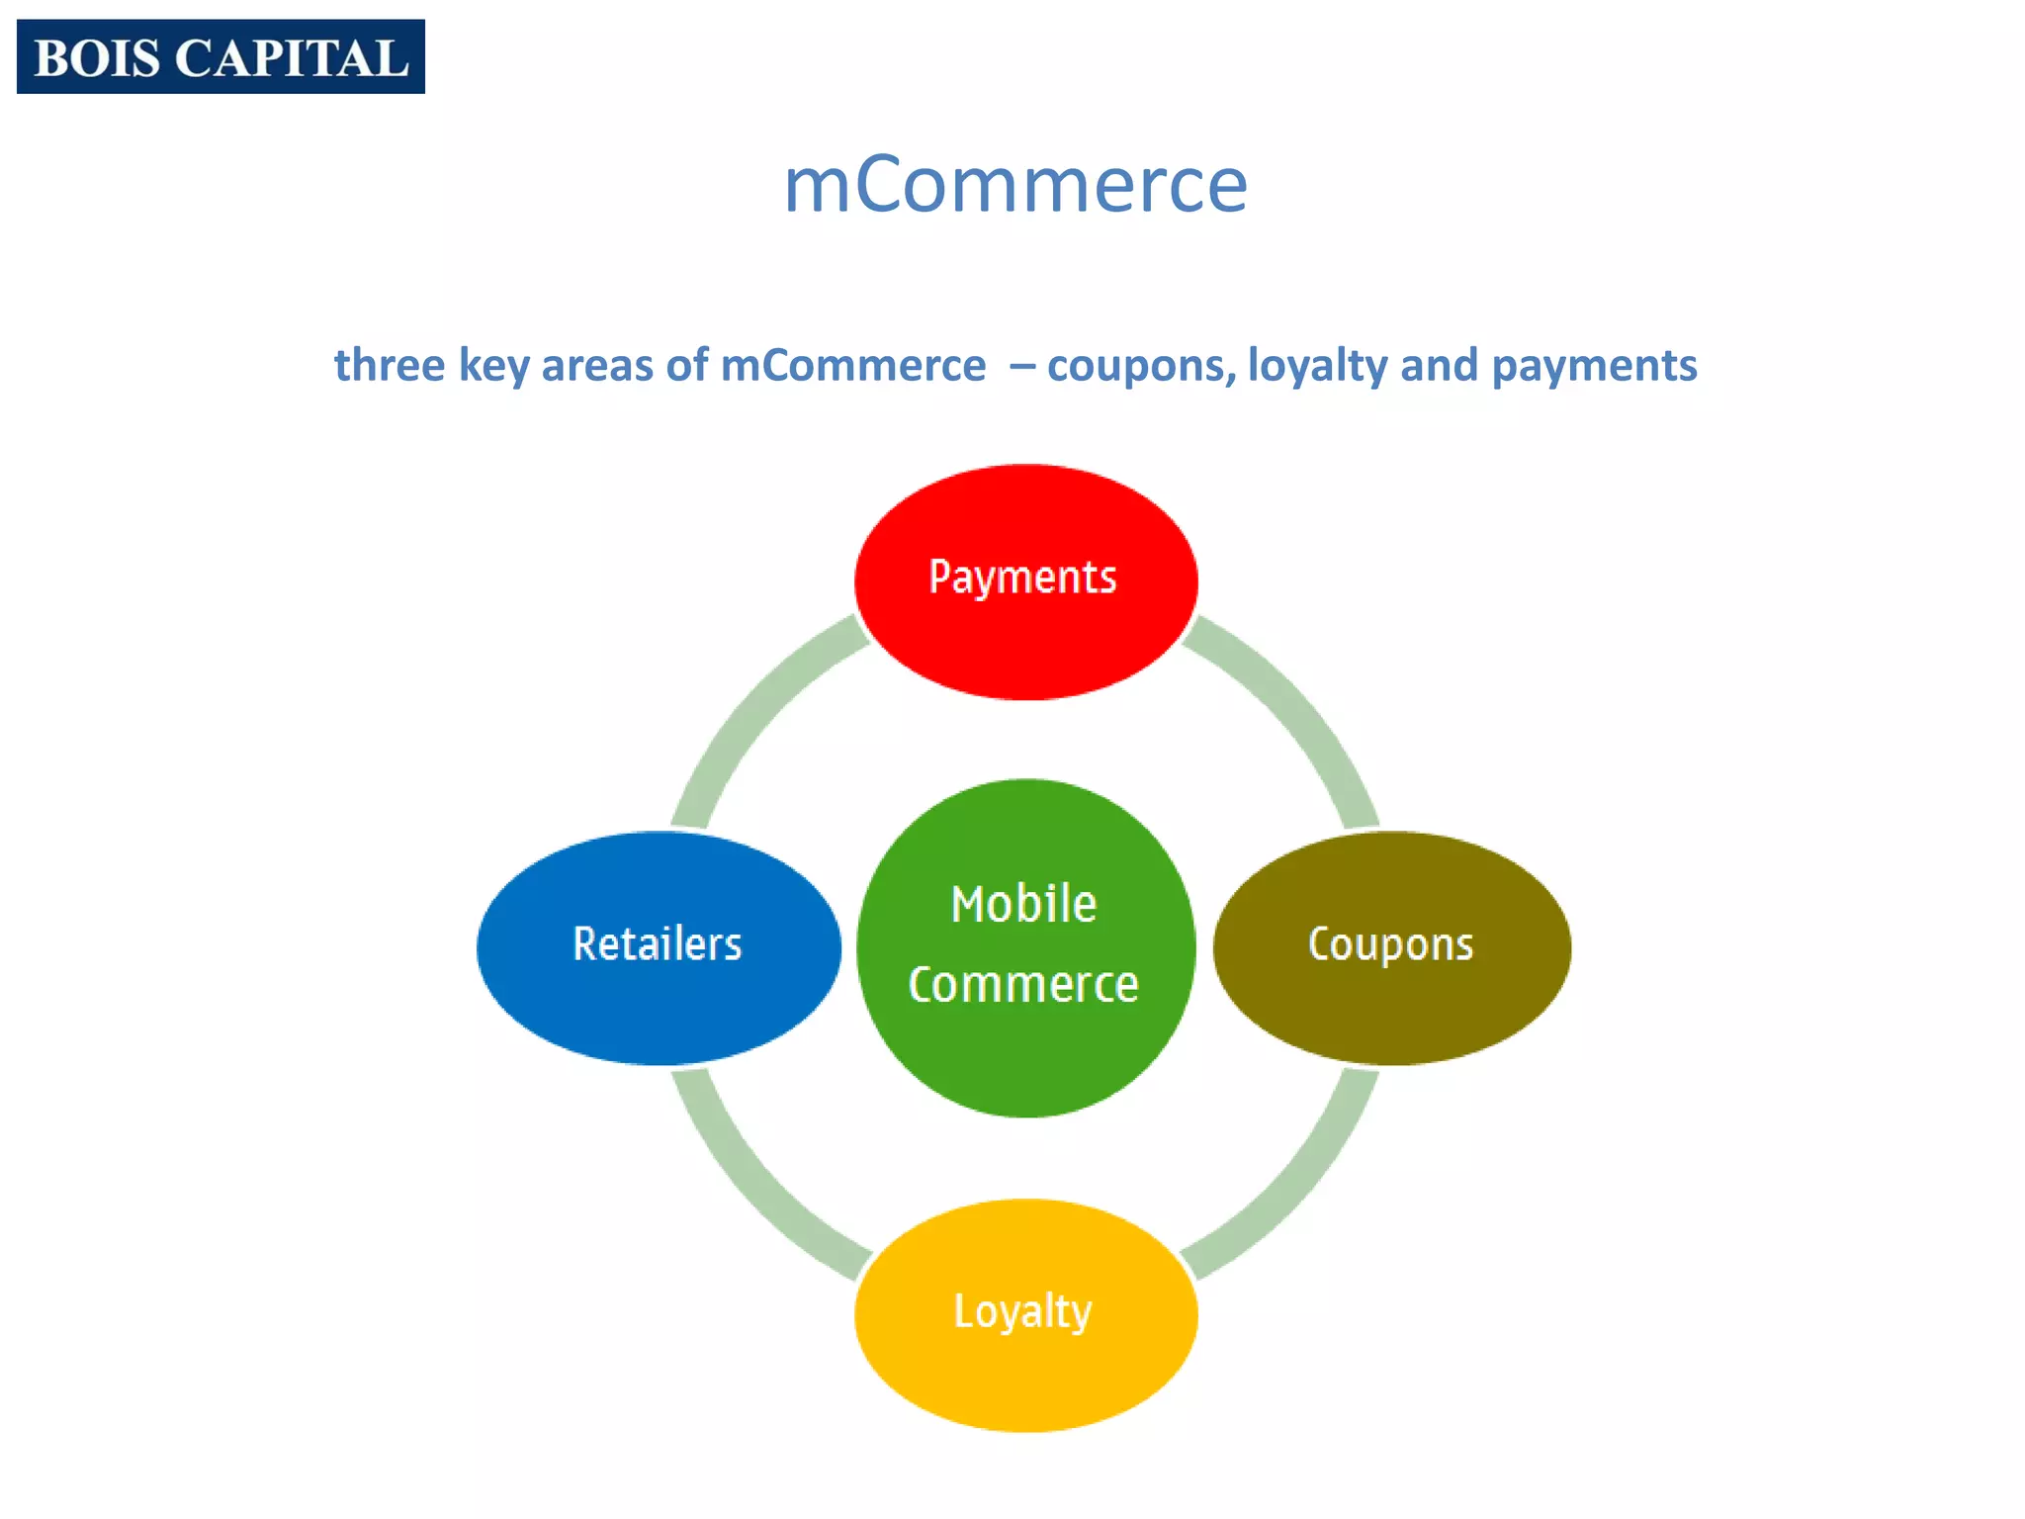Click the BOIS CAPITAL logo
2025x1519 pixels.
click(220, 56)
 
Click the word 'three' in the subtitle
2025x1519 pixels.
click(390, 365)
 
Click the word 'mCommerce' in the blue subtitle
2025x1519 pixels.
click(853, 365)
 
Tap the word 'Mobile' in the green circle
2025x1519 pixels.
click(1023, 904)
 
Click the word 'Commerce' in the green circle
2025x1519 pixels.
click(1023, 985)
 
